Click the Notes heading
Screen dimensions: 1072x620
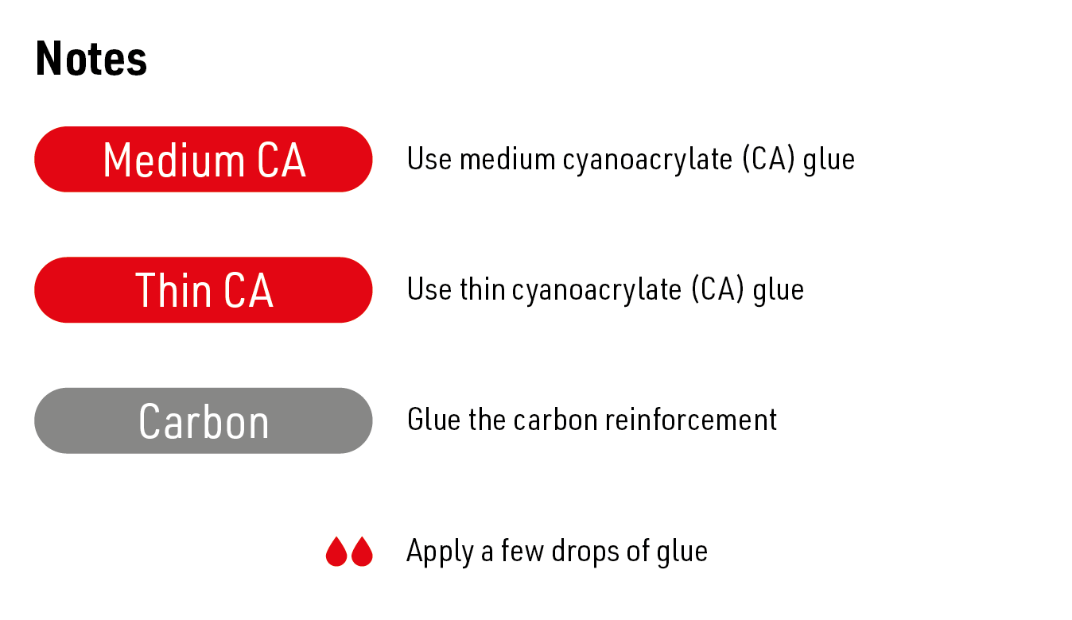(x=91, y=58)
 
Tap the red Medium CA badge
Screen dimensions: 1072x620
(x=204, y=159)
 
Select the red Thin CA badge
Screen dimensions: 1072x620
(x=204, y=290)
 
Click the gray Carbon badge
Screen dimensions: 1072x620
(x=204, y=420)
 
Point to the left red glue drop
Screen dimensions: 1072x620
(x=336, y=552)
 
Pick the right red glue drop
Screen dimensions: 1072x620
(x=362, y=552)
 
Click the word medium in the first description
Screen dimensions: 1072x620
(x=507, y=159)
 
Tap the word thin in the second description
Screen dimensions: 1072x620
(x=483, y=289)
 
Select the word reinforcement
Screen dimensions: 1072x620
(x=690, y=420)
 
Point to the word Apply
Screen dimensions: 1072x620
(x=441, y=552)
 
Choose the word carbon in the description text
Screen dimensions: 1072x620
(x=555, y=420)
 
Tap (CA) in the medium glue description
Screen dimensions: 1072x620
(x=768, y=159)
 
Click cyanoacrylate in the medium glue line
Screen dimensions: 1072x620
(x=647, y=161)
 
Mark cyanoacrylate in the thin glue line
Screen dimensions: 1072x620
(x=596, y=291)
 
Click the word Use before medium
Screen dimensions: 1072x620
(x=429, y=159)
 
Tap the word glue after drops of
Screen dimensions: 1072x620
(x=682, y=552)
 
